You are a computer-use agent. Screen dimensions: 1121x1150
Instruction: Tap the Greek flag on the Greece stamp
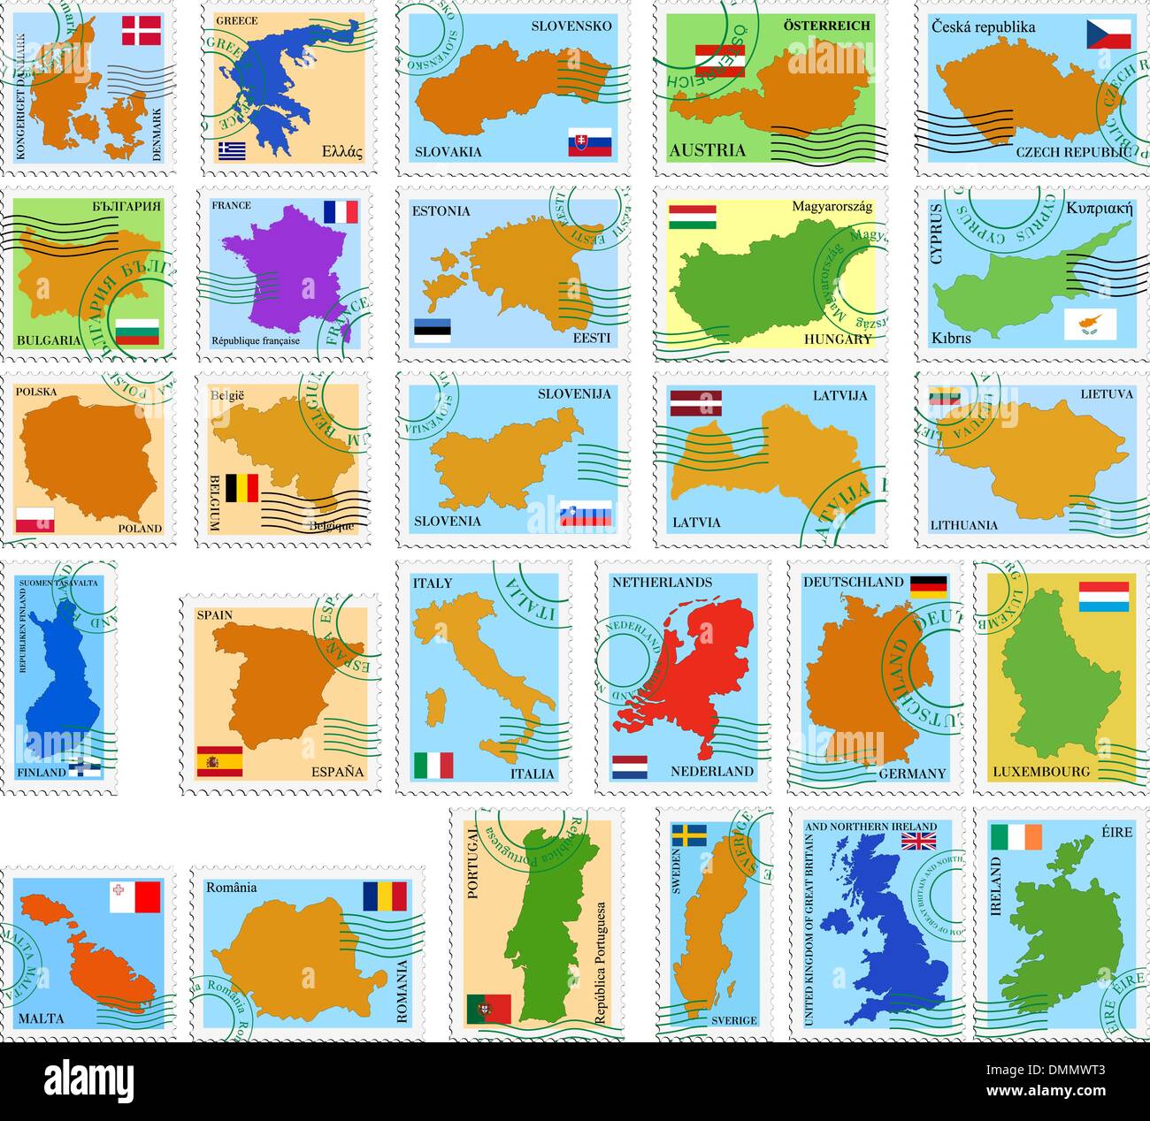coord(232,150)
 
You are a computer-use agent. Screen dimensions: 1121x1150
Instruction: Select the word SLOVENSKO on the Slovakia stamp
coord(571,26)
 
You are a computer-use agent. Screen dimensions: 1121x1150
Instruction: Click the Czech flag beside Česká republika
coord(1109,34)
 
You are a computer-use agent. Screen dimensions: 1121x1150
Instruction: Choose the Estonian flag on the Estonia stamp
coord(433,330)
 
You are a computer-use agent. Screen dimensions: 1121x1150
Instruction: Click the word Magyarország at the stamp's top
coord(832,207)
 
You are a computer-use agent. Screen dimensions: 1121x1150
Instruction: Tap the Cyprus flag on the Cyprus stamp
coord(1090,324)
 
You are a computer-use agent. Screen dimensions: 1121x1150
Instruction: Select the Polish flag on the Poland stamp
coord(35,520)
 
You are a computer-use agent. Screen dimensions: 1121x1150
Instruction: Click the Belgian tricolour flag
coord(241,488)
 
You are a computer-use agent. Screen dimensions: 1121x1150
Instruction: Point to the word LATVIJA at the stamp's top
coord(840,395)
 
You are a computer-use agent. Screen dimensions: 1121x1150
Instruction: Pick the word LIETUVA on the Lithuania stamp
coord(1106,394)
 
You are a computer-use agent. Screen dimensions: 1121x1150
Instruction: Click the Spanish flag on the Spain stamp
coord(219,761)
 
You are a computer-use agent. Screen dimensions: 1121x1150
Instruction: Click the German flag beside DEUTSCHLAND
coord(928,584)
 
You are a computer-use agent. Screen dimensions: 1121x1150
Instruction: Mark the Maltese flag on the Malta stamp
coord(135,896)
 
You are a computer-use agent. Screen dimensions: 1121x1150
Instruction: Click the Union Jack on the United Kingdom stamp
coord(919,839)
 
